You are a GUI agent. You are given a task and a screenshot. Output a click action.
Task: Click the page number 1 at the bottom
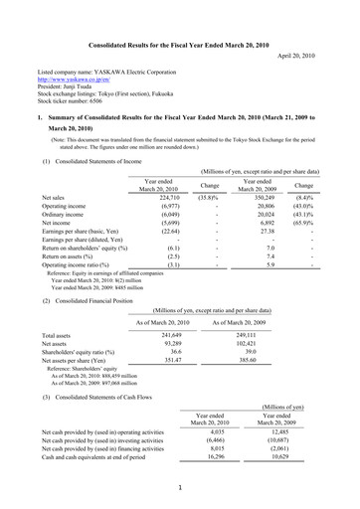pos(179,488)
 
